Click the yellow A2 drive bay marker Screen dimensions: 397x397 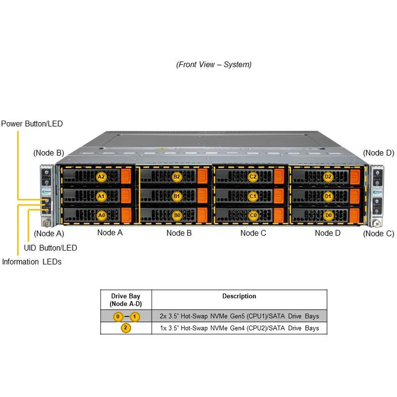pyautogui.click(x=101, y=177)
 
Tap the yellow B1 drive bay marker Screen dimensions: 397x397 pyautogui.click(x=177, y=196)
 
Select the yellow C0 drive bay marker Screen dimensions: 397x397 pyautogui.click(x=253, y=215)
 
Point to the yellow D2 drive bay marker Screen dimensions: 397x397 pyautogui.click(x=328, y=177)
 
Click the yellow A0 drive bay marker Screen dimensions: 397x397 pyautogui.click(x=101, y=215)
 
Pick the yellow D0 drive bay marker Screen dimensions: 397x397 pyautogui.click(x=328, y=215)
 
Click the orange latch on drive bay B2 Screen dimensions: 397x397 pyautogui.click(x=202, y=177)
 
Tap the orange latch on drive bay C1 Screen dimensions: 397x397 pyautogui.click(x=278, y=196)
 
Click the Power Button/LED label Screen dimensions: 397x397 pyautogui.click(x=32, y=124)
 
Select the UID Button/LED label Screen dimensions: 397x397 pyautogui.click(x=50, y=247)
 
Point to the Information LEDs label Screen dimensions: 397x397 pyautogui.click(x=32, y=262)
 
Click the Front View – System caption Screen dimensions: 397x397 pyautogui.click(x=214, y=65)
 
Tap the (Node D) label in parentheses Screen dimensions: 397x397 pyautogui.click(x=378, y=153)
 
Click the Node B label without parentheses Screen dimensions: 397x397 pyautogui.click(x=179, y=233)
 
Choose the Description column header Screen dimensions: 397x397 pyautogui.click(x=239, y=296)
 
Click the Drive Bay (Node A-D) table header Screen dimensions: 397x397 pyautogui.click(x=126, y=300)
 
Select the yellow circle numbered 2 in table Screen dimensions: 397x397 pyautogui.click(x=126, y=328)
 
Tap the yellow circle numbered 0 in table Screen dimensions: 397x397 pyautogui.click(x=118, y=316)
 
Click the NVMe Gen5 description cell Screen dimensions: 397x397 pyautogui.click(x=239, y=316)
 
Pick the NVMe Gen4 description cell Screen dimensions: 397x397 pyautogui.click(x=239, y=328)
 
